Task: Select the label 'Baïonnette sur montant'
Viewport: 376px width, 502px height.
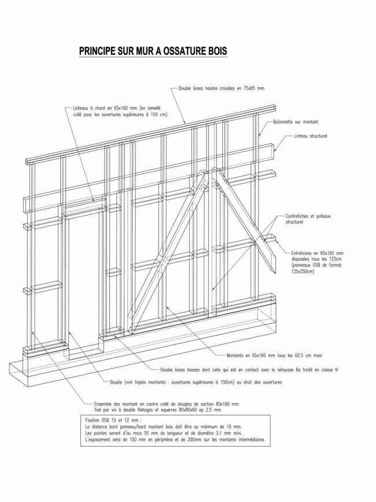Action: pos(295,122)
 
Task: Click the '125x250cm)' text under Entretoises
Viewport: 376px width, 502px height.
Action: pos(303,271)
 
